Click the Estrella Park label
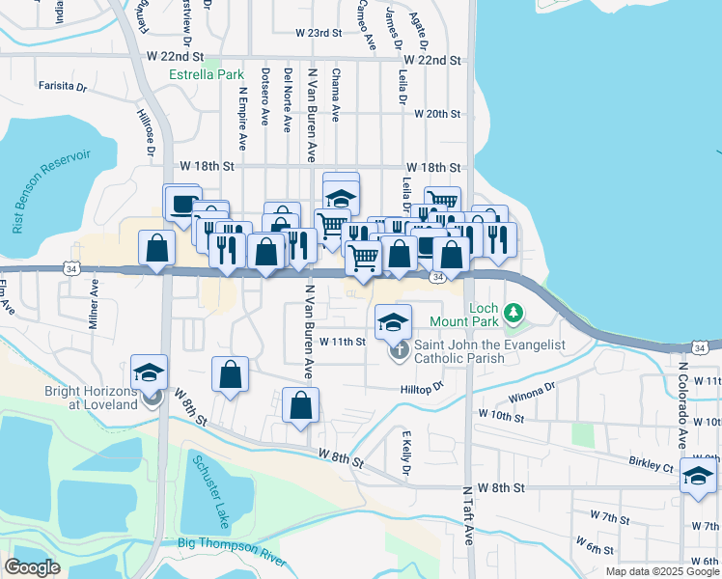[206, 74]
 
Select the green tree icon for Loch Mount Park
[514, 313]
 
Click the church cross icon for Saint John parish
[400, 350]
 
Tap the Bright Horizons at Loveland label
[92, 399]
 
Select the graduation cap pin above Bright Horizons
[150, 372]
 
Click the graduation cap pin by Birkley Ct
[698, 476]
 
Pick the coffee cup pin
[181, 203]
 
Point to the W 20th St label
[436, 114]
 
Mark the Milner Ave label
[95, 306]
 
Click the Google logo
[32, 566]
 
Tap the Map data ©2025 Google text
[662, 571]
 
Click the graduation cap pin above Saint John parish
[393, 322]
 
